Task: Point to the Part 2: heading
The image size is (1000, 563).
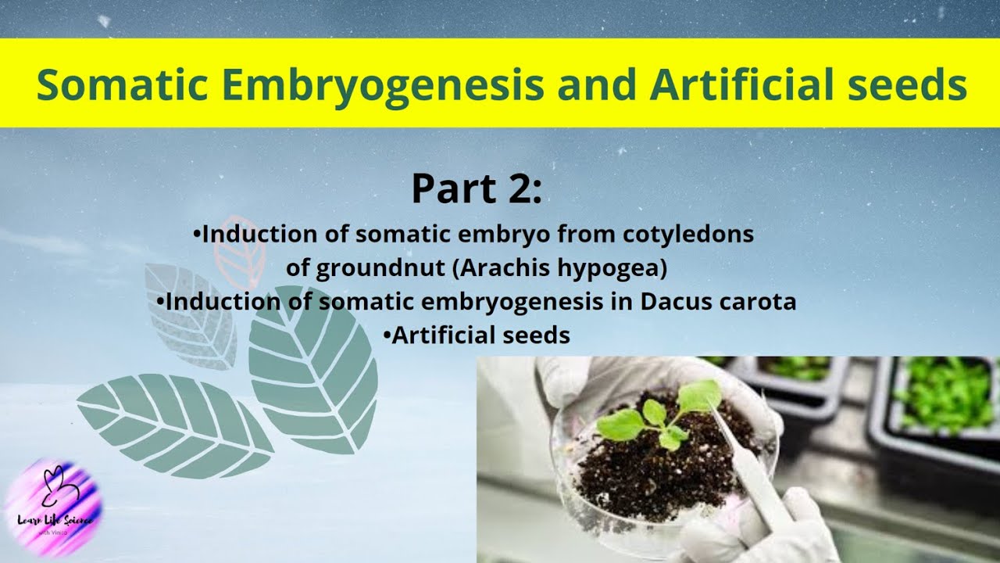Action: coord(476,188)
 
